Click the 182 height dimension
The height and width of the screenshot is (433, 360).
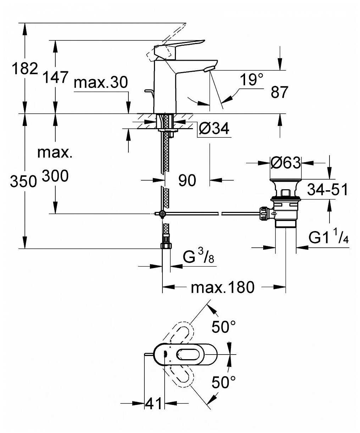click(x=24, y=68)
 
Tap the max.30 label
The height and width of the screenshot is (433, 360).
click(x=101, y=83)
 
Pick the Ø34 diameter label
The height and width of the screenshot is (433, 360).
click(x=214, y=128)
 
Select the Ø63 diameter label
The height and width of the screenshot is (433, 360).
click(x=286, y=163)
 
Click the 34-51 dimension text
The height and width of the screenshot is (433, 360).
click(x=327, y=190)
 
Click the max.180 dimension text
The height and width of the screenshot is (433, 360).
click(x=222, y=287)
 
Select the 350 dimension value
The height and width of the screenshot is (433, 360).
click(x=23, y=182)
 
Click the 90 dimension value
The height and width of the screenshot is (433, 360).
click(x=187, y=181)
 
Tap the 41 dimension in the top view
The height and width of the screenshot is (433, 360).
click(x=154, y=403)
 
